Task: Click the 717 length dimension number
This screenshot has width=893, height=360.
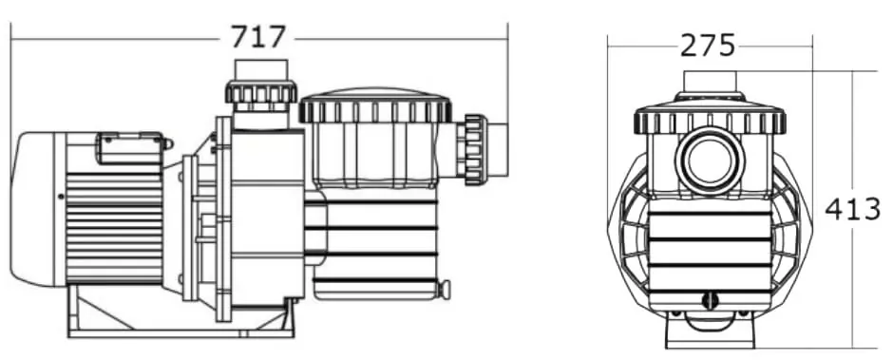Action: click(257, 38)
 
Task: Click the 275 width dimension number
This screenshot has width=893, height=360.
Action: click(708, 46)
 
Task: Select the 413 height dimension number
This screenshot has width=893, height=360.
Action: click(852, 210)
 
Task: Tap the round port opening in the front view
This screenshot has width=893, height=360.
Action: click(710, 161)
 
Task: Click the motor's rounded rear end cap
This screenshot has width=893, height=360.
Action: click(38, 209)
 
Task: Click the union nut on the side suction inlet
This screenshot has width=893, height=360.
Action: click(474, 150)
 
